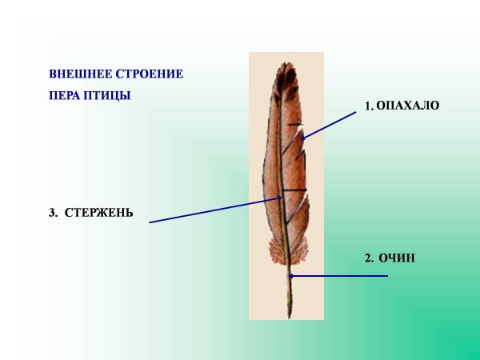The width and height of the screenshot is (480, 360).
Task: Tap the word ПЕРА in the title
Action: (64, 95)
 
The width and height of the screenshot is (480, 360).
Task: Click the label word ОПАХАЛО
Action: (408, 106)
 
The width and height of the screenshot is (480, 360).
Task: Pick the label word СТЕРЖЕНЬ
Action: (98, 214)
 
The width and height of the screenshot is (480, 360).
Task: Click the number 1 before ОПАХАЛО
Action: (368, 106)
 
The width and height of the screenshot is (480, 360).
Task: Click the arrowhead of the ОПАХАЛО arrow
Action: (303, 137)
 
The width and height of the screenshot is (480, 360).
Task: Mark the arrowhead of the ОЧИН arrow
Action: (291, 276)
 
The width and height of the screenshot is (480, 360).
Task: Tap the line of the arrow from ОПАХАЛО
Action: (330, 124)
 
